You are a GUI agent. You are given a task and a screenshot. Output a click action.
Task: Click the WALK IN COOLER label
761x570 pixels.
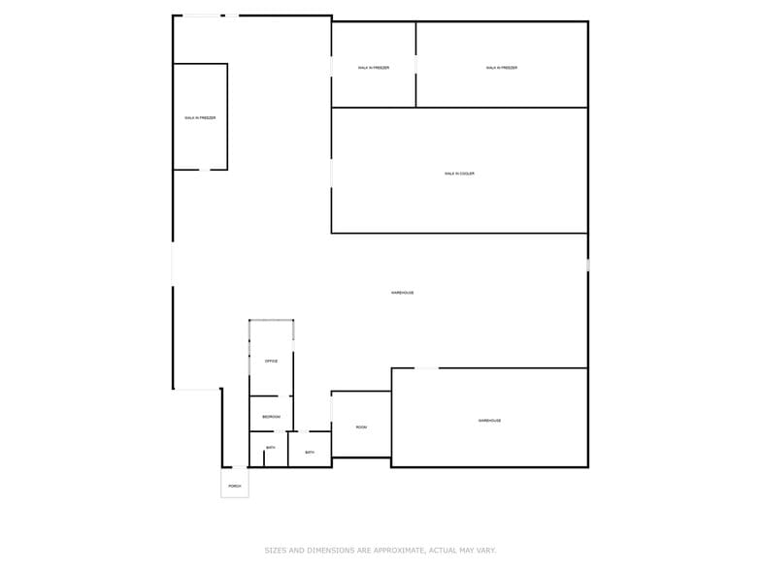(x=459, y=174)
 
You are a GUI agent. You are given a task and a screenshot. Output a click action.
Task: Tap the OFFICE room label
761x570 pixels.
(x=271, y=362)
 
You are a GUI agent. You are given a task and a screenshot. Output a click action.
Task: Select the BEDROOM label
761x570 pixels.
(x=271, y=417)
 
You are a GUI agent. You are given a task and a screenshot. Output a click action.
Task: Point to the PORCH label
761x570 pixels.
(x=235, y=486)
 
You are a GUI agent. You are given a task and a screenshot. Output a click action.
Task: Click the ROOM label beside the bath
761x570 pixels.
(x=361, y=427)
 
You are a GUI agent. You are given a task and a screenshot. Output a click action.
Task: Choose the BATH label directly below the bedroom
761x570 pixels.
(x=270, y=448)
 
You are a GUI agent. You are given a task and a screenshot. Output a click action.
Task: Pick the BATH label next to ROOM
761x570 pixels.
(x=310, y=453)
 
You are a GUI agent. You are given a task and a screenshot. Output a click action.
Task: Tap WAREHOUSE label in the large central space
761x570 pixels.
(x=402, y=293)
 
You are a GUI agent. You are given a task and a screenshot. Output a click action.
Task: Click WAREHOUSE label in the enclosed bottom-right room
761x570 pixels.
(x=489, y=421)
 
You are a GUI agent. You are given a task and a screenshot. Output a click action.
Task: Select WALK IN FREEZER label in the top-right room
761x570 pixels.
(x=502, y=68)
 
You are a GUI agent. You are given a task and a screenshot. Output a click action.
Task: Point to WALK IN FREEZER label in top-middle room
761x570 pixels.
(x=374, y=68)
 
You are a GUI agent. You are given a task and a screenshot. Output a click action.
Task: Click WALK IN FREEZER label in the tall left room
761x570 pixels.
(x=200, y=118)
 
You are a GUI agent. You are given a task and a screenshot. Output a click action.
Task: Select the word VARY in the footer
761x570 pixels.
(x=484, y=551)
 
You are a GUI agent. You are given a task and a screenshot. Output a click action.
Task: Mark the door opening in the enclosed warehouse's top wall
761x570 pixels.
(x=426, y=368)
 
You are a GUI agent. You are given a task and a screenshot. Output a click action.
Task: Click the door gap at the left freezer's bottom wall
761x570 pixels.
(x=204, y=170)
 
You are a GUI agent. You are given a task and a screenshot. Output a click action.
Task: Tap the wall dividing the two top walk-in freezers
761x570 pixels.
(x=416, y=64)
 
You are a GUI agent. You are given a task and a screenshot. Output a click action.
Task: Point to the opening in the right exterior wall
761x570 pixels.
(x=587, y=265)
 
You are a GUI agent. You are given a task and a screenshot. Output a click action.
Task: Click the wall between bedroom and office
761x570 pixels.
(x=271, y=396)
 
